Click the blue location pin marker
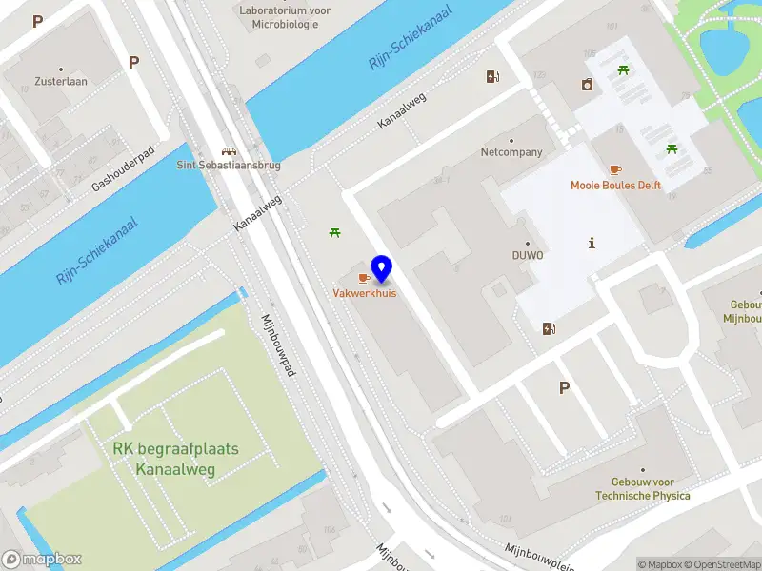382,268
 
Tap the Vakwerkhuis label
364,293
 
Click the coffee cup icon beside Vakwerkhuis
363,277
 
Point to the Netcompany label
511,152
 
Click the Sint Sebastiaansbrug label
229,165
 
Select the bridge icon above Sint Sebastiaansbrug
229,150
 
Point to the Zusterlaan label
61,82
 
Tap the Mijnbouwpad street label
280,346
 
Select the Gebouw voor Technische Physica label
643,489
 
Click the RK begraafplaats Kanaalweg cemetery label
175,459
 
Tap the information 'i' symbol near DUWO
592,243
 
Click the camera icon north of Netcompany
587,85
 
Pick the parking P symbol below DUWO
564,387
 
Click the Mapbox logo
41,560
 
